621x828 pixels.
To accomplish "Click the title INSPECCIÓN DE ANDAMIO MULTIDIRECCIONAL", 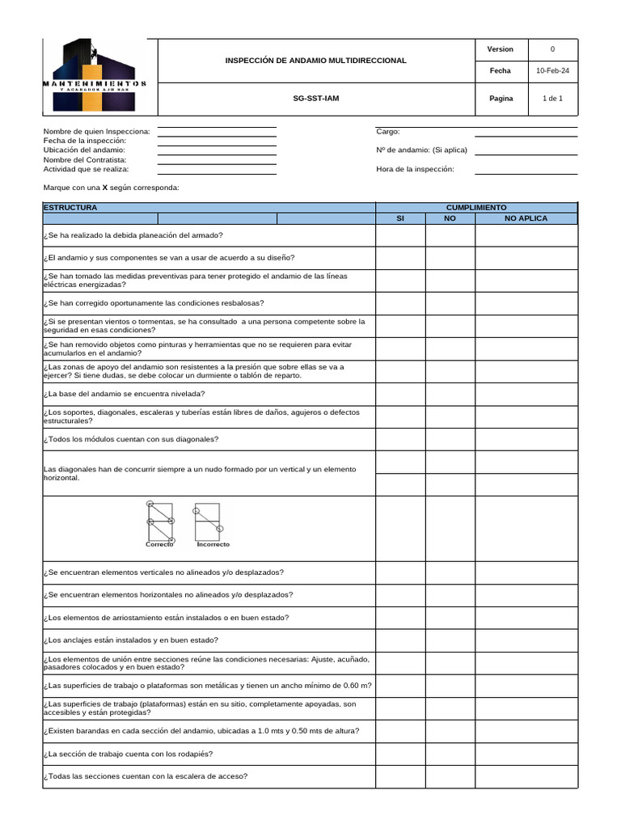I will [315, 61].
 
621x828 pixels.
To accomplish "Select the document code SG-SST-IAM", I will [315, 99].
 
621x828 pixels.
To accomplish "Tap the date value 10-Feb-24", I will [552, 71].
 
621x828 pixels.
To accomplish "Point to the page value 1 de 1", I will [552, 99].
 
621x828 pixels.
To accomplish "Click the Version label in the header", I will [500, 49].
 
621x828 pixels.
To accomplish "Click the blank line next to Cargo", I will [526, 132].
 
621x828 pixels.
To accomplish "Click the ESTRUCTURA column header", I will [70, 208].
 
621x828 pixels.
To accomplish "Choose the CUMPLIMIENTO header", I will [476, 208].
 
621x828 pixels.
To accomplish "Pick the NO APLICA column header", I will [526, 218].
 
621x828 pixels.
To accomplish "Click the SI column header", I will [399, 218].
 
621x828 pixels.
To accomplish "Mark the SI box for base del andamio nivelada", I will [399, 394].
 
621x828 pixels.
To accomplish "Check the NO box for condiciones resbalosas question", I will [450, 303].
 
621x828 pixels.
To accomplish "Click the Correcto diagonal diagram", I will [159, 522].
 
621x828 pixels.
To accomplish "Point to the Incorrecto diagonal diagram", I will [211, 522].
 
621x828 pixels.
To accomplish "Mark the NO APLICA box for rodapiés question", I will [526, 754].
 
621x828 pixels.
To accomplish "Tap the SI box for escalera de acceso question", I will [399, 776].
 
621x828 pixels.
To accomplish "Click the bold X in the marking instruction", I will [105, 188].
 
